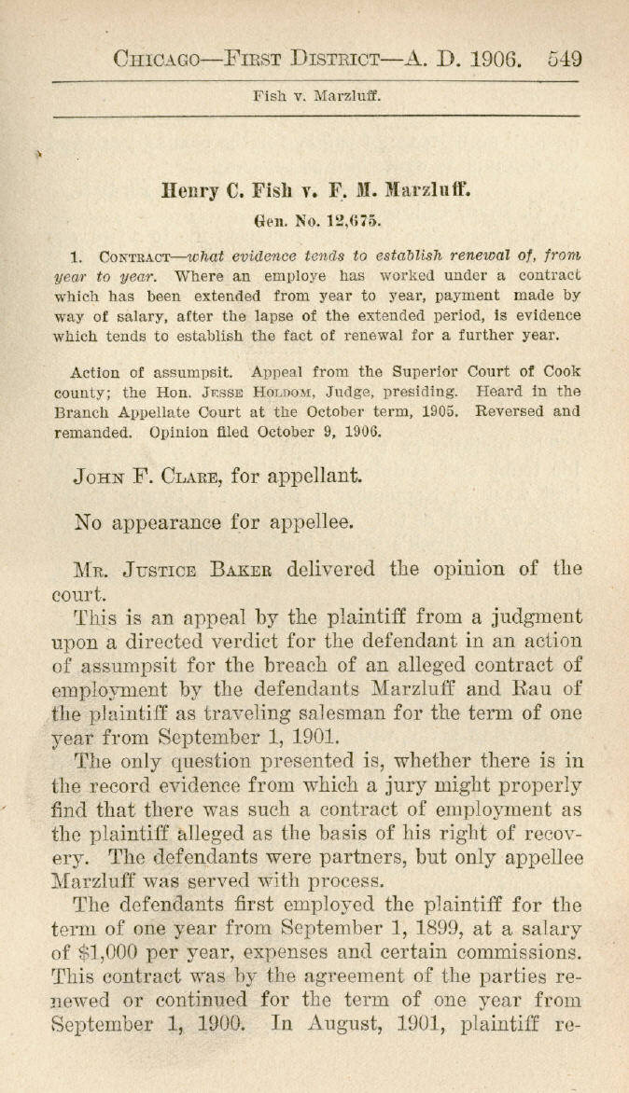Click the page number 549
click(566, 59)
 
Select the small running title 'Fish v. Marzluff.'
click(314, 95)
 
